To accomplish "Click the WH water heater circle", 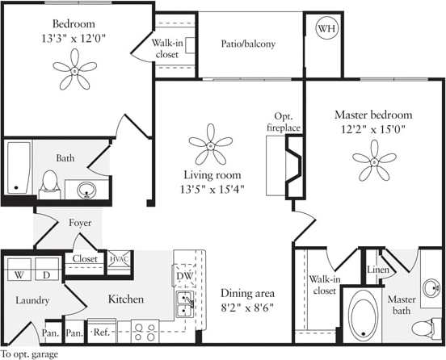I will (327, 29).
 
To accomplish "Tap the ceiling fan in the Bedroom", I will (74, 71).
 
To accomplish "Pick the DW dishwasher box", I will (183, 275).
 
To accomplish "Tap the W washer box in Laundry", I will (18, 274).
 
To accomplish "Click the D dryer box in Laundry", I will (47, 274).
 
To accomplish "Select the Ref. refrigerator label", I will (103, 332).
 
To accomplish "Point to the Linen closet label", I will (378, 270).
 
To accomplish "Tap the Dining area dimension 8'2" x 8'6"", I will (247, 307).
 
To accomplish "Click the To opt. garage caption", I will (28, 354).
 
